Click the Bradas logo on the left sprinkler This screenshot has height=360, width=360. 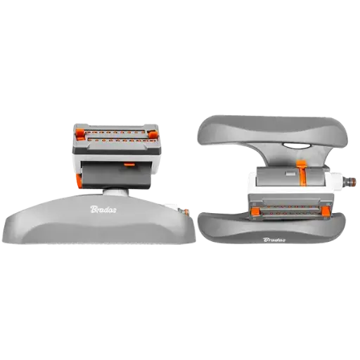pos(103,210)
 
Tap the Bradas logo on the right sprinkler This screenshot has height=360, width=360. pos(274,240)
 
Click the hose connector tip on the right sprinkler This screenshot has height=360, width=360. pos(350,181)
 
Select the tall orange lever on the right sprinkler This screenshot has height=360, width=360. pos(302,174)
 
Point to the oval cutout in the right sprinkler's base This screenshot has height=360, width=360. pos(296,146)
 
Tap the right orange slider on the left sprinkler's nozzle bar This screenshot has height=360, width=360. pos(153,135)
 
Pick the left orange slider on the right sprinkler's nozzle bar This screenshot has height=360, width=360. pos(255,212)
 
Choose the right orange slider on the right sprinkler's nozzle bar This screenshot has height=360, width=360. pos(326,211)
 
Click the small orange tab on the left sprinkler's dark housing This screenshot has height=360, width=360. pos(129,165)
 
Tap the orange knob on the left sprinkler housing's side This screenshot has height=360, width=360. pos(79,181)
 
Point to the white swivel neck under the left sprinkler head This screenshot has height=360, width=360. pos(116,192)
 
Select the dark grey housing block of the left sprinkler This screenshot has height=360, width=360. pos(115,174)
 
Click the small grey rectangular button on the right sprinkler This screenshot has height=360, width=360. pos(290,174)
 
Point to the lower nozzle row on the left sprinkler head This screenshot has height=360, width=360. pos(121,140)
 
